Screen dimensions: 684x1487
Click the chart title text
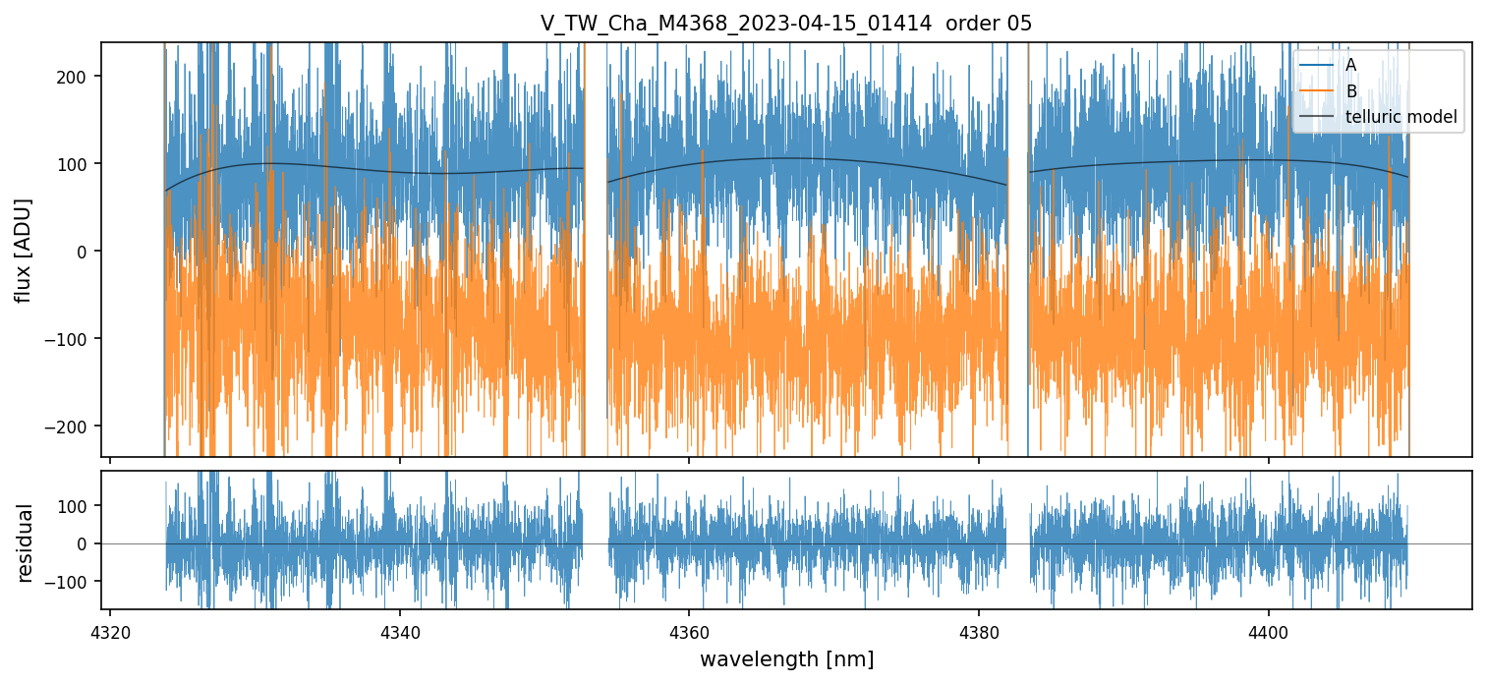(785, 24)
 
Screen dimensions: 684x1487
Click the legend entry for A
(1350, 65)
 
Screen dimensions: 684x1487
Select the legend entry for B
(1350, 91)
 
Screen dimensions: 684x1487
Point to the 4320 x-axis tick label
(109, 630)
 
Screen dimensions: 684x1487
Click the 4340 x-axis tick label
(399, 630)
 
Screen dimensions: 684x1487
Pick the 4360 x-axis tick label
(688, 630)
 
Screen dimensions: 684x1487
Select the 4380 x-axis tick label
(978, 630)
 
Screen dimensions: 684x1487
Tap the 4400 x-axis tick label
(1268, 630)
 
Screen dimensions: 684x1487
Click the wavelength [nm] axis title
(785, 658)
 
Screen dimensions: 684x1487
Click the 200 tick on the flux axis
(77, 77)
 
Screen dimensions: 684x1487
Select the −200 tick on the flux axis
(73, 427)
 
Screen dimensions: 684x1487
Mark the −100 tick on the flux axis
(73, 339)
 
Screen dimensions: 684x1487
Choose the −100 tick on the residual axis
(73, 582)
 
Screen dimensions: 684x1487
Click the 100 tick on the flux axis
(77, 164)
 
